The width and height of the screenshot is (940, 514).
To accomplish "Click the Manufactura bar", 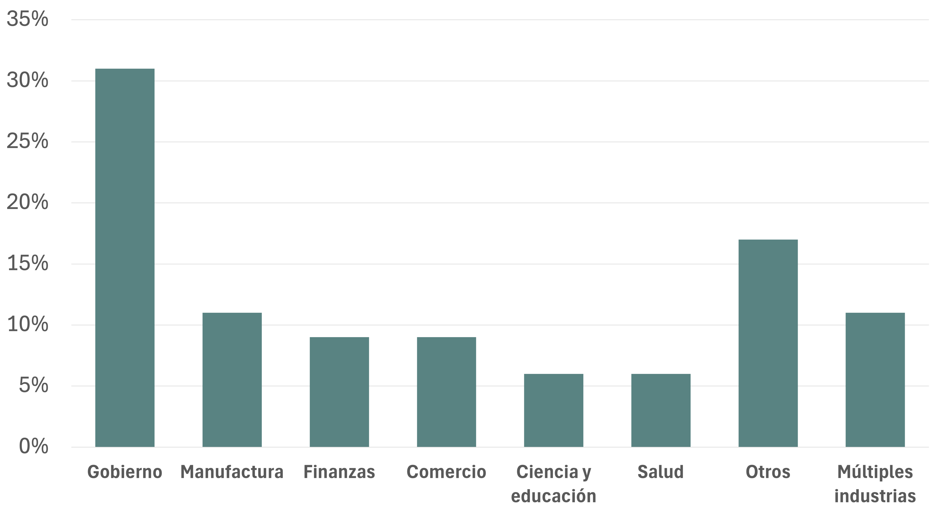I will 232,380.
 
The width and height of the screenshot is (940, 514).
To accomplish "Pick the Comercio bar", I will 446,392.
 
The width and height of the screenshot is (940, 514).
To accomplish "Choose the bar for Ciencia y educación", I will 554,410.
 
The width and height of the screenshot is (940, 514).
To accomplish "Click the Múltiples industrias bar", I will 875,380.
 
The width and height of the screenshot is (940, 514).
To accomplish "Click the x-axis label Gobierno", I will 125,472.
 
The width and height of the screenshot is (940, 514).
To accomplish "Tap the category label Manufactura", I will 232,472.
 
